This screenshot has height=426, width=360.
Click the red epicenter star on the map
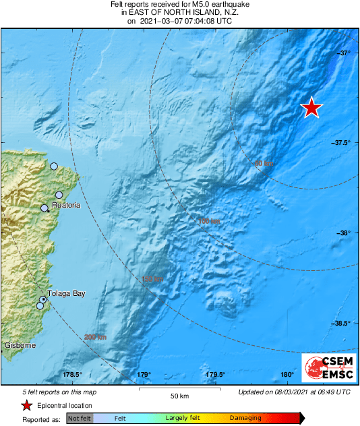tap(311, 107)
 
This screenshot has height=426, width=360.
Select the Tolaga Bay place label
tap(66, 293)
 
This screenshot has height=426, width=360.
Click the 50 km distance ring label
tap(264, 164)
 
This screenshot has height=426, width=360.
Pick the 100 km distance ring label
tap(209, 221)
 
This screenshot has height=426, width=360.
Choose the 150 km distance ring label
tap(153, 279)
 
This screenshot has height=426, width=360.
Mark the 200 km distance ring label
tap(96, 337)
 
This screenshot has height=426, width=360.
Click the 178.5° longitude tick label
tap(72, 375)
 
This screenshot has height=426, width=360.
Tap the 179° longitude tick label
tap(144, 375)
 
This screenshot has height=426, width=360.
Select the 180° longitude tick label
tap(287, 375)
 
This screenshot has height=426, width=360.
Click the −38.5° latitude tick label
tap(341, 323)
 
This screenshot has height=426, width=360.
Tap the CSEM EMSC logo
tap(324, 367)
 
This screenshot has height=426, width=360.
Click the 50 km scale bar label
tap(178, 396)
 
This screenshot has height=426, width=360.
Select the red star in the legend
tap(26, 405)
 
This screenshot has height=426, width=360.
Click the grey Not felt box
tap(79, 419)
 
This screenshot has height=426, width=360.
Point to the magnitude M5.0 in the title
tap(184, 4)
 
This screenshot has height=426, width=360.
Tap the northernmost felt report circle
tap(54, 166)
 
